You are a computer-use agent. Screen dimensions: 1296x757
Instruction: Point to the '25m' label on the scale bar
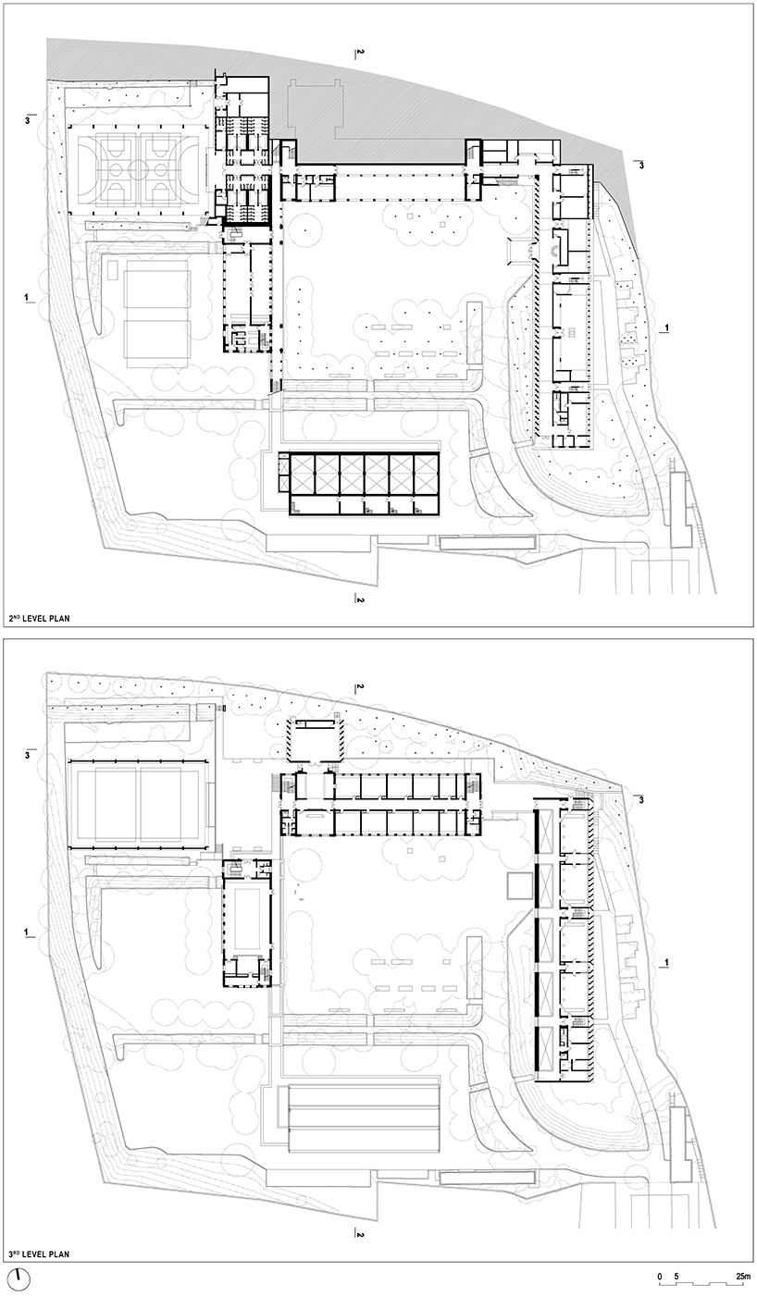coord(743,1277)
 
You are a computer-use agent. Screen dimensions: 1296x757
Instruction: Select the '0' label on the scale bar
coord(660,1277)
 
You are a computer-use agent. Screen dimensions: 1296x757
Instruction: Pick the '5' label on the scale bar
coord(676,1277)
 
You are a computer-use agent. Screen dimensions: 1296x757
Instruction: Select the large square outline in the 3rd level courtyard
coord(516,886)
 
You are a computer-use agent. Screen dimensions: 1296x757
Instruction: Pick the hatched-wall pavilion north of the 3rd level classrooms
coord(314,740)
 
